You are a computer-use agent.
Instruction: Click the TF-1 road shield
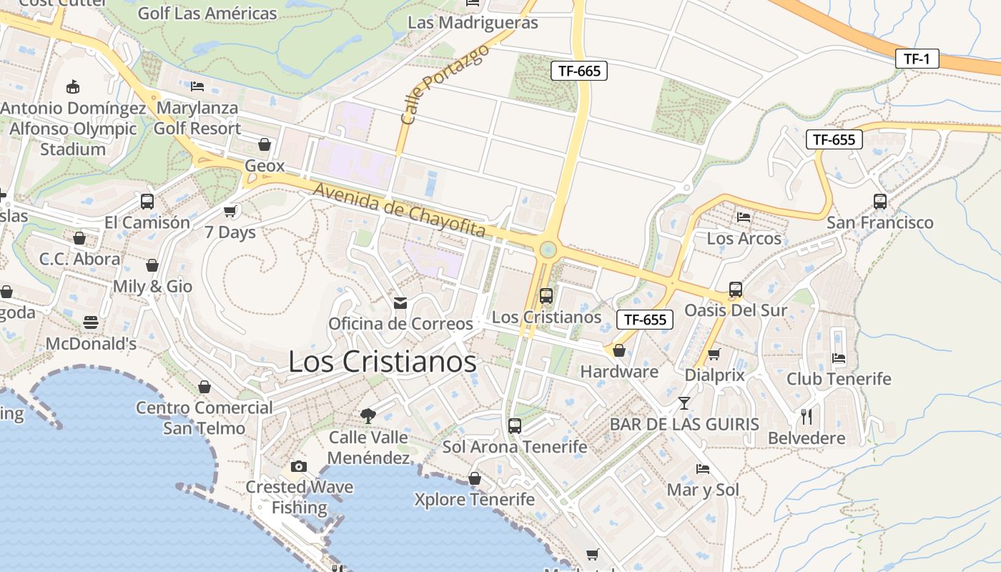(x=917, y=59)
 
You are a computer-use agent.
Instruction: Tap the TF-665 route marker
(x=579, y=70)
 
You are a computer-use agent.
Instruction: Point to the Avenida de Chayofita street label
(x=400, y=211)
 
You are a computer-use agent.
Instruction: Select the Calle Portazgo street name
(x=444, y=84)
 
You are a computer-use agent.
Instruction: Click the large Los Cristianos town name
(x=382, y=362)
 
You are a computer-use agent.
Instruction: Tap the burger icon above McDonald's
(x=90, y=322)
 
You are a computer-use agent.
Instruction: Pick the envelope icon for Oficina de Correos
(x=400, y=303)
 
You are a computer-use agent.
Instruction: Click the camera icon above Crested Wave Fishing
(x=299, y=466)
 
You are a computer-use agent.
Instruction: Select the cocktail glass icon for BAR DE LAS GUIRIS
(x=684, y=403)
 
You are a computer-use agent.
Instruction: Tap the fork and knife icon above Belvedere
(x=807, y=416)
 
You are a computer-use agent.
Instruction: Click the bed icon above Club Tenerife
(x=839, y=357)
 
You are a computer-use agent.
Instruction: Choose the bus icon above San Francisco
(x=879, y=202)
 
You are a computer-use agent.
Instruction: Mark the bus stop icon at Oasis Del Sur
(x=736, y=290)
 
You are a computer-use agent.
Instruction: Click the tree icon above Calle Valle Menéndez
(x=368, y=415)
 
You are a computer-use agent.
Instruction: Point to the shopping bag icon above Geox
(x=265, y=144)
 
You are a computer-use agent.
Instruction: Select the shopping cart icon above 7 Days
(x=230, y=211)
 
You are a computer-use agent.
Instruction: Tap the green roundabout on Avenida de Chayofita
(x=548, y=250)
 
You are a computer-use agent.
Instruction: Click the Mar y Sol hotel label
(x=703, y=490)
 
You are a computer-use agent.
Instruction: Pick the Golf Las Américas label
(x=207, y=13)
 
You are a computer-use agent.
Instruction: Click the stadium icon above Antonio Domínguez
(x=73, y=87)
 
